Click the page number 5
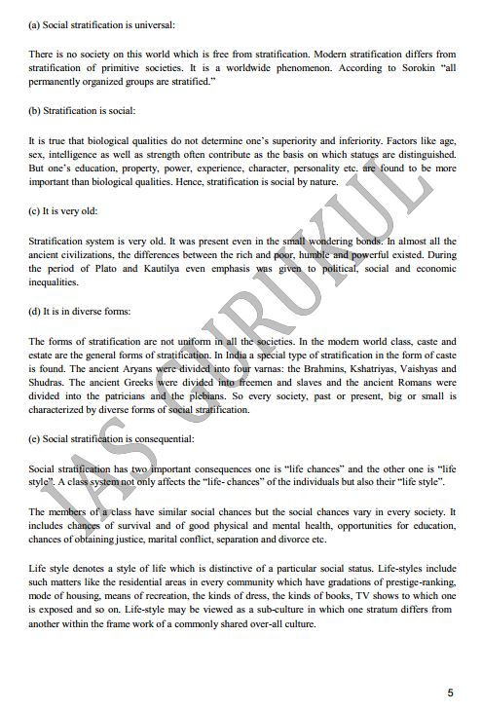pyautogui.click(x=450, y=693)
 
